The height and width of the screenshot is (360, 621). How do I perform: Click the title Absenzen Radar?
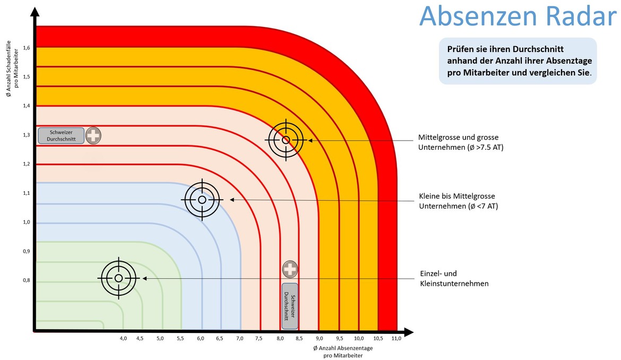click(517, 16)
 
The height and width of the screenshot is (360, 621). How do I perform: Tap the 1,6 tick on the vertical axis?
click(27, 48)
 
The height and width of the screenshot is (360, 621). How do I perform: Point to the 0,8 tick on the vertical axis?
click(27, 280)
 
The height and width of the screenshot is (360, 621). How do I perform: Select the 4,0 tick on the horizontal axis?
click(123, 339)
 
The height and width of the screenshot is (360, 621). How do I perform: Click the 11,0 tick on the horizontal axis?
click(396, 339)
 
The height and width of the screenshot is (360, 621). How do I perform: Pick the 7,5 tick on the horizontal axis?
click(258, 339)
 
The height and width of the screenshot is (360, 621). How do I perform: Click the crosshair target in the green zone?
click(118, 278)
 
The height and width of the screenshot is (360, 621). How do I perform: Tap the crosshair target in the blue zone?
click(202, 200)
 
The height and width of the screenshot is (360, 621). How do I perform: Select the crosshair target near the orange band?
click(286, 140)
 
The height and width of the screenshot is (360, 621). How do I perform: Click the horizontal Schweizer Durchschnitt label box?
click(61, 135)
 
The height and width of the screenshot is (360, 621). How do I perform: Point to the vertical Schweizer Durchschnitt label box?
click(290, 306)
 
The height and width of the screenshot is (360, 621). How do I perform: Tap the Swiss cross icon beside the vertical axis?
click(93, 135)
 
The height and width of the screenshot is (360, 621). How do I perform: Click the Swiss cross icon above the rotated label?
click(290, 269)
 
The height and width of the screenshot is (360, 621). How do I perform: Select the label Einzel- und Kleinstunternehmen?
click(454, 278)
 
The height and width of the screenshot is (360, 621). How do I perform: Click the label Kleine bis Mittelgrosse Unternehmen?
click(458, 201)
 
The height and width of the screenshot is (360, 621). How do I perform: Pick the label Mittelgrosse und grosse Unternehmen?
click(461, 142)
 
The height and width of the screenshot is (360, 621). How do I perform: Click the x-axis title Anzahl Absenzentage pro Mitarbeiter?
click(343, 352)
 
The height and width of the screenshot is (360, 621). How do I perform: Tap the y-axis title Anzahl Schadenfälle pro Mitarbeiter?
click(12, 70)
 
